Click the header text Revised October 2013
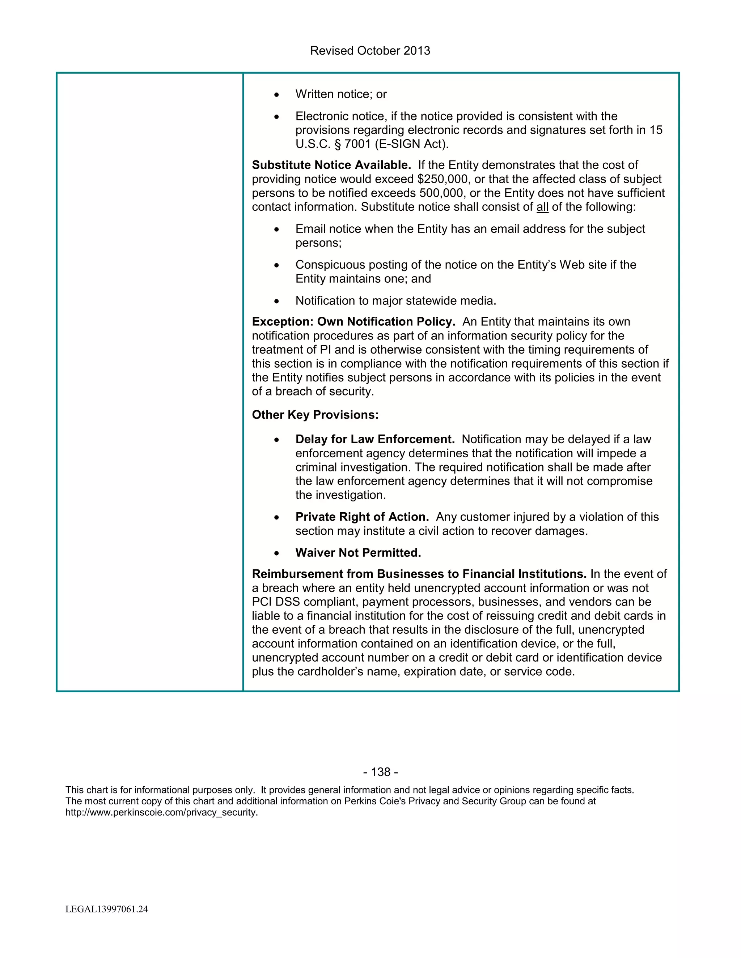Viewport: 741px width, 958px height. (370, 51)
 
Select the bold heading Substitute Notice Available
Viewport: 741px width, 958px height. (331, 165)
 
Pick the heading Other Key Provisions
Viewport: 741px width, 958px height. (315, 415)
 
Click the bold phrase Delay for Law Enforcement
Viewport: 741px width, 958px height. (375, 439)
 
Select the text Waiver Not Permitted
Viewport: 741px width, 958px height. (358, 553)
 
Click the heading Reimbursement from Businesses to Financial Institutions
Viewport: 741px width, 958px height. (419, 574)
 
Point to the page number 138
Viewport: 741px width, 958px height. (381, 772)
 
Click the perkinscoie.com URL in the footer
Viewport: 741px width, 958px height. (161, 812)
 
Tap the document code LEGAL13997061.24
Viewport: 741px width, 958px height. (107, 909)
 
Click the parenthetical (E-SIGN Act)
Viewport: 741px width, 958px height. (412, 144)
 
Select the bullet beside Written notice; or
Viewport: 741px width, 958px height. (276, 95)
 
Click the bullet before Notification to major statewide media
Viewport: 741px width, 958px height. (276, 301)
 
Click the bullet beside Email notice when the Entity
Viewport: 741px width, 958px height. (276, 230)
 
